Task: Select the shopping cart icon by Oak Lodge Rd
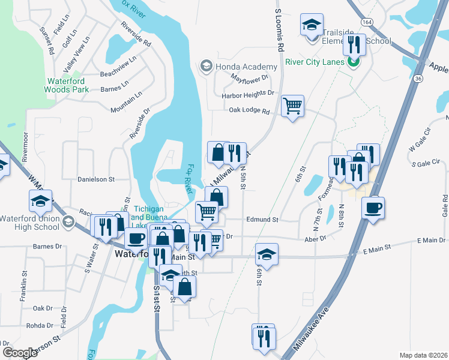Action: tap(292, 106)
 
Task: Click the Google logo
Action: tap(20, 353)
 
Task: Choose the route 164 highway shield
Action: tap(366, 21)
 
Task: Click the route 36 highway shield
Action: tap(417, 78)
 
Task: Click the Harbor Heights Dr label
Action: tap(247, 94)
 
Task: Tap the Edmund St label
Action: tap(262, 220)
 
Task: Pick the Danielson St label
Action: tap(95, 179)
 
